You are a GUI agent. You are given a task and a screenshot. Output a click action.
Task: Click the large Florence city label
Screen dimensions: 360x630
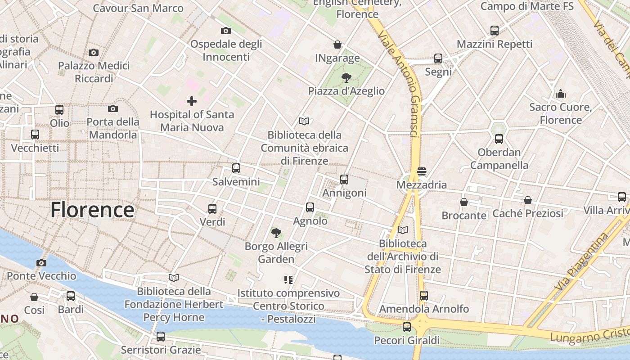[x=92, y=210]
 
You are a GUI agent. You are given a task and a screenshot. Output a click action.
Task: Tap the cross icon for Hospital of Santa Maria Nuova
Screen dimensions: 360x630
[x=192, y=101]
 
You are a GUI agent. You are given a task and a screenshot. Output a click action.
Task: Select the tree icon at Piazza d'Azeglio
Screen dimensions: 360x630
[x=346, y=78]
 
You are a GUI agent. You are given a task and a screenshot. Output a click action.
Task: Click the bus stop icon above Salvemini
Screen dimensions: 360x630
[x=236, y=169]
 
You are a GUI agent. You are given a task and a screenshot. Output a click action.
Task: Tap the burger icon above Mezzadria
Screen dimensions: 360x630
[x=422, y=171]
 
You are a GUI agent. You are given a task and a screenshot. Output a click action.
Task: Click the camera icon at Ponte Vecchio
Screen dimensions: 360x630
[x=41, y=263]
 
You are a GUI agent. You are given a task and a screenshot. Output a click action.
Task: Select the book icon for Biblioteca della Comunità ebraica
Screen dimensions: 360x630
[x=304, y=121]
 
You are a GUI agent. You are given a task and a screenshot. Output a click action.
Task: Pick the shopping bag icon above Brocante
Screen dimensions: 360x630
[x=464, y=202]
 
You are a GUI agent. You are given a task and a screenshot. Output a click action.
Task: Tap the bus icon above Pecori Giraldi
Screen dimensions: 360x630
[x=407, y=327]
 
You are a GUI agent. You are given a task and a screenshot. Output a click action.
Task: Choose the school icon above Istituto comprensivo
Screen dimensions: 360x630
[x=288, y=280]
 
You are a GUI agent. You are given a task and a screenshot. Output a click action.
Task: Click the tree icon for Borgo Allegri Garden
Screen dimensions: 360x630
[x=276, y=233]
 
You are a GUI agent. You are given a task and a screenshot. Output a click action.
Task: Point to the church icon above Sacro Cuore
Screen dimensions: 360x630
[x=560, y=94]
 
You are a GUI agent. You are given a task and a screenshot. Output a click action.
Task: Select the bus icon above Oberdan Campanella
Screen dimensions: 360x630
[x=499, y=139]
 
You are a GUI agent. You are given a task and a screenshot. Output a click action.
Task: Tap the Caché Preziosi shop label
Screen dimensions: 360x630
[x=527, y=213]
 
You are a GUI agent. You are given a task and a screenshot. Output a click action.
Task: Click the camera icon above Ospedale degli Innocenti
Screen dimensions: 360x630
[x=226, y=31]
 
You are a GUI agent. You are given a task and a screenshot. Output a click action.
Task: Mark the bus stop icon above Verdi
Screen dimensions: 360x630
[x=212, y=209]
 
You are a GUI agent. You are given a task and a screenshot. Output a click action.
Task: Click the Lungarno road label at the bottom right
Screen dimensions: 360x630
[x=589, y=335]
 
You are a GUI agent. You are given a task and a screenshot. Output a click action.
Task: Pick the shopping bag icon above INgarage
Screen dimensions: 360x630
[x=337, y=45]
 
